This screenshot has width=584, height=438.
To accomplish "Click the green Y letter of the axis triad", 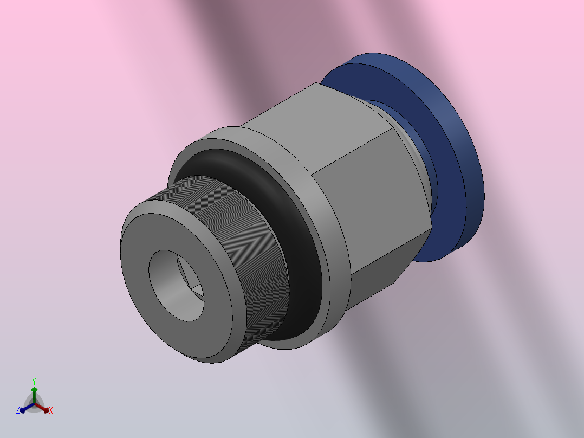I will (x=34, y=381).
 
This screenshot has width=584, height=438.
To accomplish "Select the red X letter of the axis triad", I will (x=51, y=411).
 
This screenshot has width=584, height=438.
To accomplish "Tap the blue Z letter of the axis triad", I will (x=18, y=411).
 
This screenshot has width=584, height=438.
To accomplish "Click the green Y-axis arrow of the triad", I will (x=34, y=392).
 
